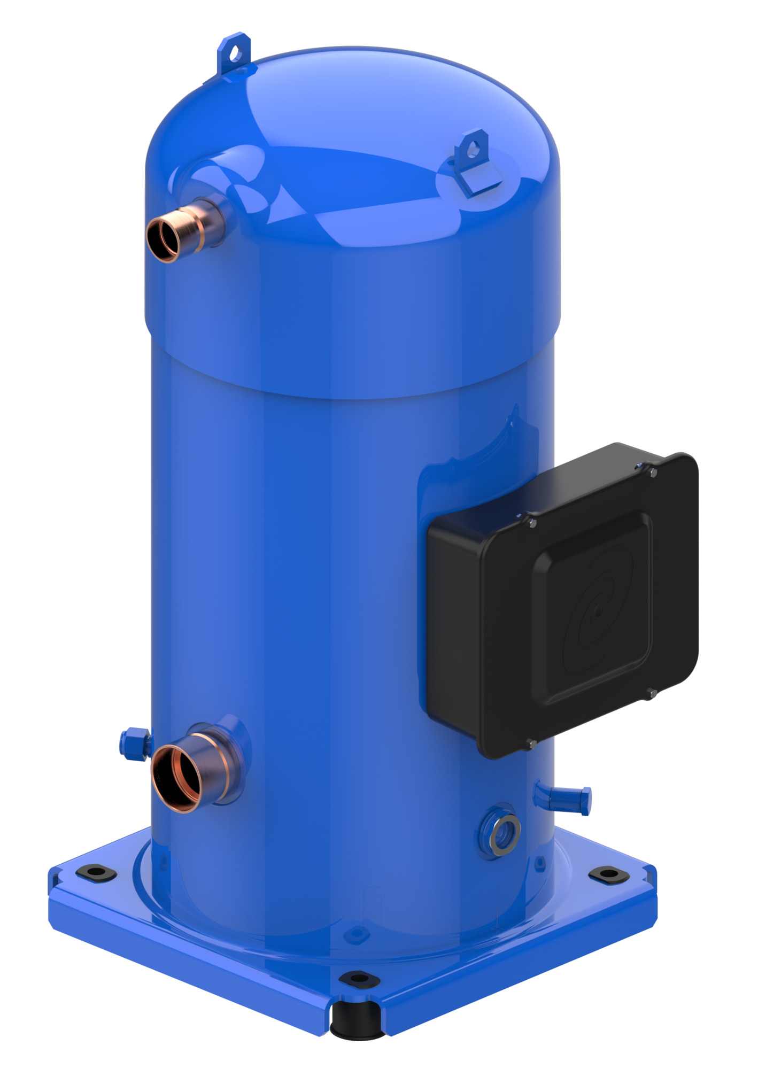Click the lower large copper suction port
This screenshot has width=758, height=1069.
pyautogui.click(x=177, y=778)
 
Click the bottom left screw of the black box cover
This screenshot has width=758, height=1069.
pyautogui.click(x=531, y=744)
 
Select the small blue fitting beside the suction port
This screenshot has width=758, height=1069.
pyautogui.click(x=134, y=743)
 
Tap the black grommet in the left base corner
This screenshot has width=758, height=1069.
pyautogui.click(x=96, y=872)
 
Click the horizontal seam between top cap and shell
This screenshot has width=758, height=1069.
pyautogui.click(x=353, y=393)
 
